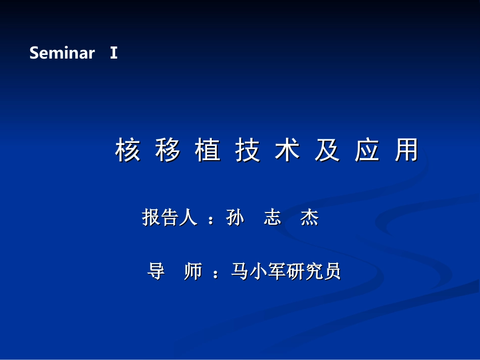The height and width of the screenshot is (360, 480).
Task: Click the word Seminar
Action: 62,53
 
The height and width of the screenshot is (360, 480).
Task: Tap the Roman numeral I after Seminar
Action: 114,53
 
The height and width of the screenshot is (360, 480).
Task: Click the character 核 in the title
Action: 128,149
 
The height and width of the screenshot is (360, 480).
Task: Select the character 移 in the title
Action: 167,149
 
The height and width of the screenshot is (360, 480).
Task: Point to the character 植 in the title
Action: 208,149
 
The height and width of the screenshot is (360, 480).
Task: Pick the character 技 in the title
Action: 248,149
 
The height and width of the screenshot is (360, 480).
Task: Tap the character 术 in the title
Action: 287,149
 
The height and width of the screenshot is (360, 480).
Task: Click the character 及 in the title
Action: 327,149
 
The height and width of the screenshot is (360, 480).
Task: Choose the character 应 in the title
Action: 367,149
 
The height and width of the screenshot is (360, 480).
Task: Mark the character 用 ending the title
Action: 407,149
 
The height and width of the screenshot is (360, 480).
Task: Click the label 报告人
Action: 170,217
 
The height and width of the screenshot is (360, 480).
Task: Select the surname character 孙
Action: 235,217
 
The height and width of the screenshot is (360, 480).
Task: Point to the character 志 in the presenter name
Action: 272,217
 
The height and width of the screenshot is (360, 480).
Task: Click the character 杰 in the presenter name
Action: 310,217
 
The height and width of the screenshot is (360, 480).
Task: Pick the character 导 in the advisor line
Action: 156,271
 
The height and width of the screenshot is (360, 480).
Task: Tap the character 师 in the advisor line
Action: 193,271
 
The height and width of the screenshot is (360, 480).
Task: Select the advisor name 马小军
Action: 259,271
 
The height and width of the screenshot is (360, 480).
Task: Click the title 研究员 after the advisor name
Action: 314,271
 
